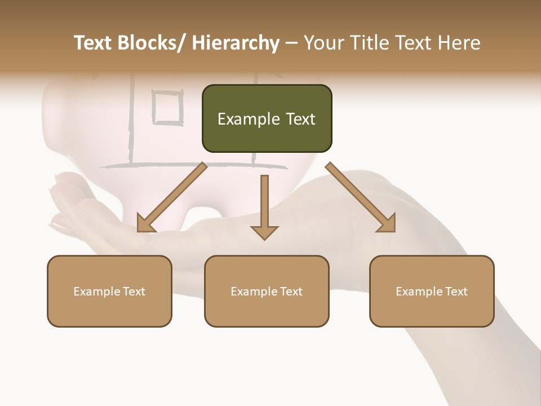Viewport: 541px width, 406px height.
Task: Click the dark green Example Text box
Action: click(267, 118)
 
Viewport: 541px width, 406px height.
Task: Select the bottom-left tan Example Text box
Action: click(109, 291)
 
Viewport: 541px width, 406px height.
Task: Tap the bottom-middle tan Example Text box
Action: click(267, 291)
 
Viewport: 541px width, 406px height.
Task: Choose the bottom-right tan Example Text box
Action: click(432, 291)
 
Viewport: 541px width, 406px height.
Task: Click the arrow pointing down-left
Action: click(172, 197)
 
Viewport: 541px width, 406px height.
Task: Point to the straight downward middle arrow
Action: click(264, 206)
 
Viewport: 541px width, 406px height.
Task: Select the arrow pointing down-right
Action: click(361, 197)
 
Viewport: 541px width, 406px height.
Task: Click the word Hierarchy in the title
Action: click(236, 43)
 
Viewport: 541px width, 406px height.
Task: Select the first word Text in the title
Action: click(94, 43)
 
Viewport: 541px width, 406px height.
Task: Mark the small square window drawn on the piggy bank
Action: click(168, 107)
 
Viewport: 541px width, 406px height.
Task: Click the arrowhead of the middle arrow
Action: click(264, 232)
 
